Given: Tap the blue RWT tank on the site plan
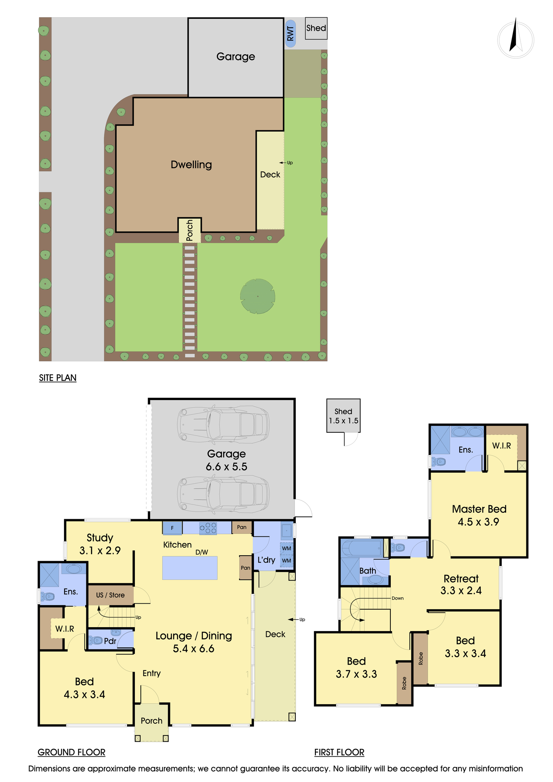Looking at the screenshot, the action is (290, 34).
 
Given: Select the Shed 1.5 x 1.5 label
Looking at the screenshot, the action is (343, 416).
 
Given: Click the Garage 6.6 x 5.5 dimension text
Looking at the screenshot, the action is (226, 460).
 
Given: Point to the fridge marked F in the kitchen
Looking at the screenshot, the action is (172, 528).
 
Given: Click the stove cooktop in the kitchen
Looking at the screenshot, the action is (208, 528).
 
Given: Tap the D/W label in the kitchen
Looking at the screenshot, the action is (202, 552).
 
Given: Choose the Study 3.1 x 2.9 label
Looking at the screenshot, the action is (100, 544).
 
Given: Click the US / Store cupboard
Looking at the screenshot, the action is (111, 595).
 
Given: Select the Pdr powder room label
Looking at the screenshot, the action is (110, 641).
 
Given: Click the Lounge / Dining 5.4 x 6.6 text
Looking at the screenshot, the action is (194, 642).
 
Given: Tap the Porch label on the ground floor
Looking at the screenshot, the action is (152, 721).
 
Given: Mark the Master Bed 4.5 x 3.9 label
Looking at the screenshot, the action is (479, 515).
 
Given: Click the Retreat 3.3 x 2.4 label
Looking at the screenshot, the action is (461, 585).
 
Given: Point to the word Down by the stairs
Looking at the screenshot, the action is (398, 598).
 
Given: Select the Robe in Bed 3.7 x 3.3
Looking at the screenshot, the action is (404, 683).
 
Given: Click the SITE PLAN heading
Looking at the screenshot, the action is (58, 378).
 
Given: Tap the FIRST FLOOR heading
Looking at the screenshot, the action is (339, 752).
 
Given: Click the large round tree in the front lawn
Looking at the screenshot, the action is (258, 296).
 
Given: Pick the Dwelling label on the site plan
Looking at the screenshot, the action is (191, 165).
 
